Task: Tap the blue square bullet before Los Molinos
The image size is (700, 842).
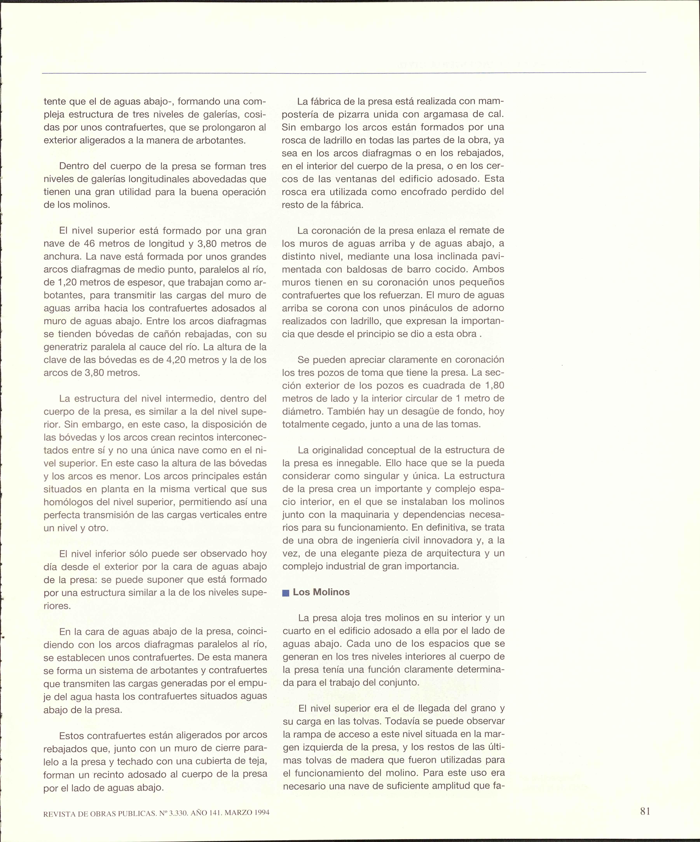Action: tap(286, 593)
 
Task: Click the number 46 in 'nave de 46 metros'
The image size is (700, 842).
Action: tap(89, 244)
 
